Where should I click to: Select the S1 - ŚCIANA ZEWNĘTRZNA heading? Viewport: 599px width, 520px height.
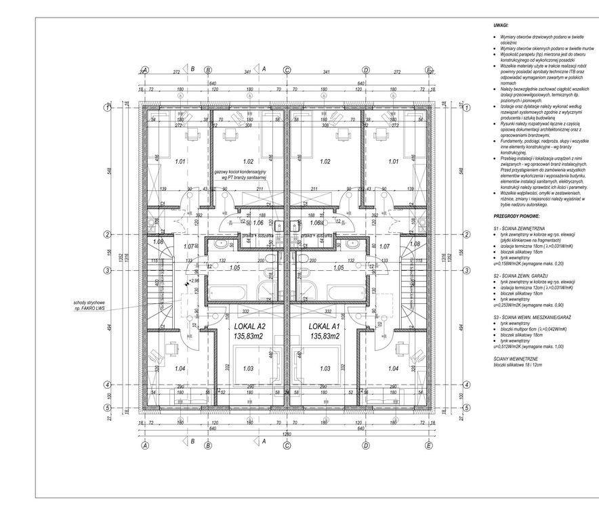tap(521, 229)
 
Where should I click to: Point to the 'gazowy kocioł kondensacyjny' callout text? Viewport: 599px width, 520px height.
tap(243, 173)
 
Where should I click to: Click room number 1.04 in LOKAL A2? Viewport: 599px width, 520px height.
tap(160, 368)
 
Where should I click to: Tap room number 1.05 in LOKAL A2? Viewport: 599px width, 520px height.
tap(234, 268)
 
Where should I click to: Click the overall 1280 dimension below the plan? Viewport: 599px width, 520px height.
tap(287, 434)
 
